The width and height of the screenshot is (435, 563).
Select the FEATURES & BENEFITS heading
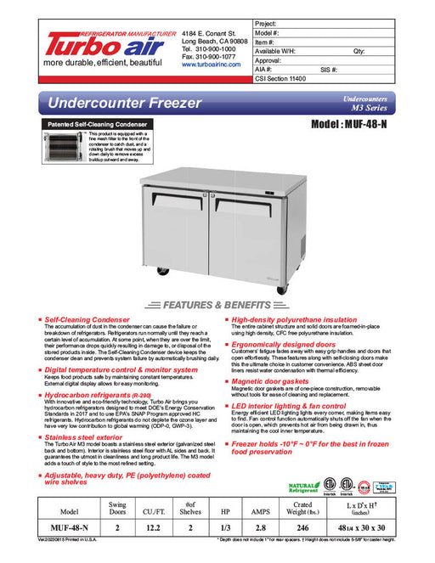tap(217, 303)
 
